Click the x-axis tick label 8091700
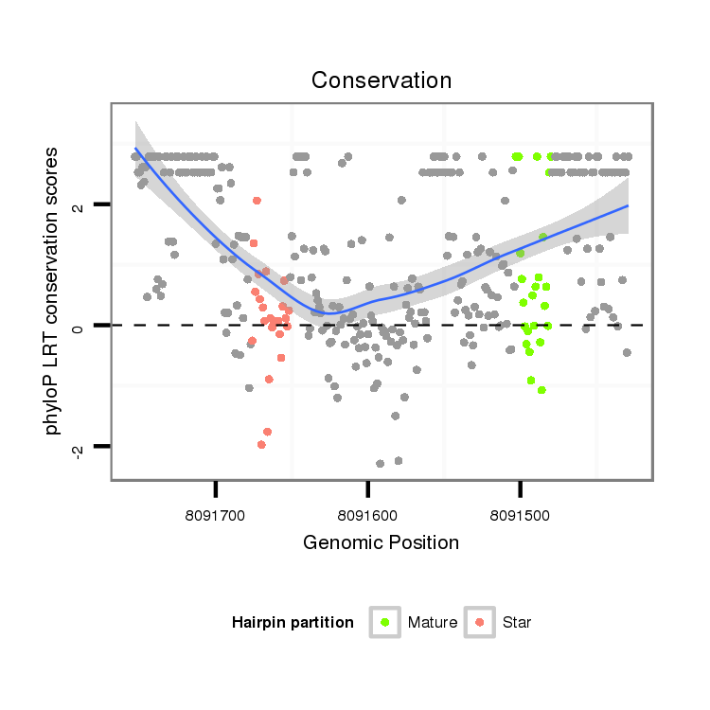point(217,518)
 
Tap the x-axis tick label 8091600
point(368,518)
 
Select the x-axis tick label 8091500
point(520,518)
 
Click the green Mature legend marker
point(385,622)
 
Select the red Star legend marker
point(480,622)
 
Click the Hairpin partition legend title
point(293,623)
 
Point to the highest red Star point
point(257,201)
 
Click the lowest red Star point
point(260,445)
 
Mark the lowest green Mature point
point(541,390)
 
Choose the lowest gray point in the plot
point(381,464)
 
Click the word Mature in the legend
point(433,623)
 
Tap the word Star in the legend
point(517,623)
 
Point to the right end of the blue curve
point(628,205)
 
